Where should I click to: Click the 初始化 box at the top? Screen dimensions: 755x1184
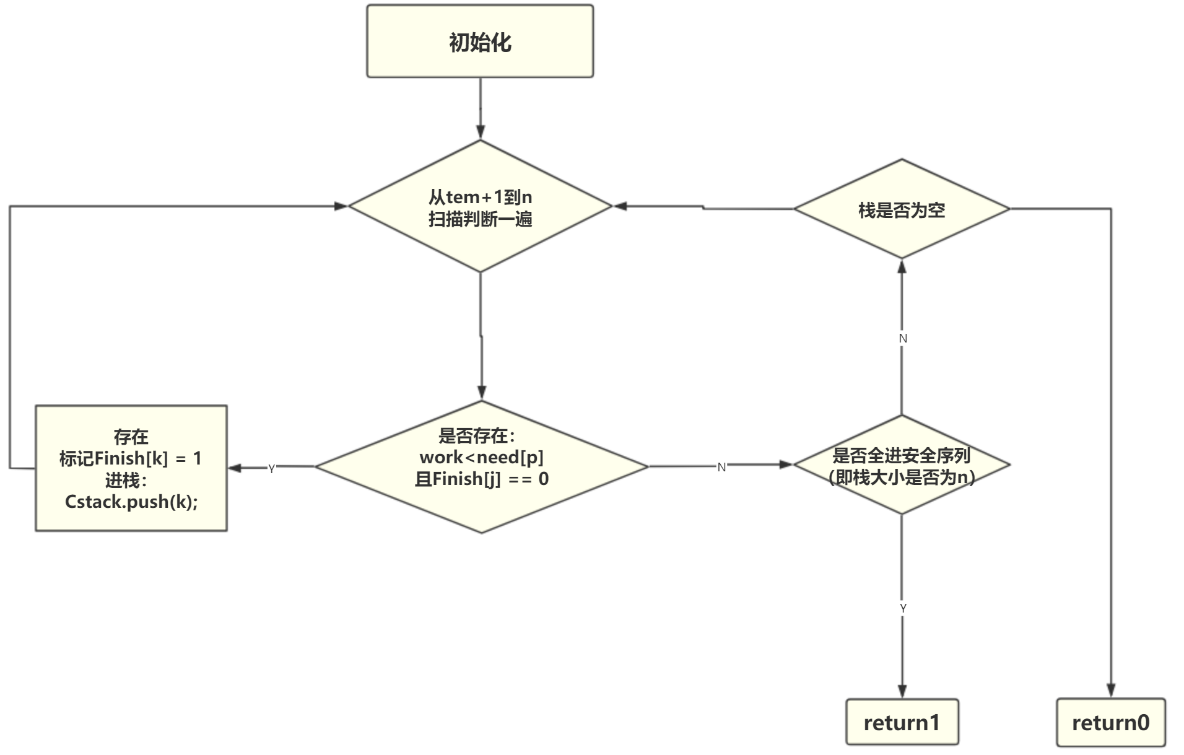480,41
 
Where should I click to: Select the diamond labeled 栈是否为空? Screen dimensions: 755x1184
902,209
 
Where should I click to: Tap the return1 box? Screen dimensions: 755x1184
902,722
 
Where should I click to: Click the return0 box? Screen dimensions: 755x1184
1110,722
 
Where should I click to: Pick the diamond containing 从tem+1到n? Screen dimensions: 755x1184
480,207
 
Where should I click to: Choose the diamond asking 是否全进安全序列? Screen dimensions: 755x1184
902,466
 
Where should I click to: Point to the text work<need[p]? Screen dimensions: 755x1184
481,457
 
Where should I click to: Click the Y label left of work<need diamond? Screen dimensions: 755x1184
271,469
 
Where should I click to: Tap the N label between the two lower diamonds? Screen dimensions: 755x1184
721,468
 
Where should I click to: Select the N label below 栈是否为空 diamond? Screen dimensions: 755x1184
903,338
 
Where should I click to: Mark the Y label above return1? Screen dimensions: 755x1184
903,608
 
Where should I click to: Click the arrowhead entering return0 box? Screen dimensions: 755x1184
1111,691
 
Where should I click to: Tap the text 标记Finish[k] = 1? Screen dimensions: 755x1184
130,458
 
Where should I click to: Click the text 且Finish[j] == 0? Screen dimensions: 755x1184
481,479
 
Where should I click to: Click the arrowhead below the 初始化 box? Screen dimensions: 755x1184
480,131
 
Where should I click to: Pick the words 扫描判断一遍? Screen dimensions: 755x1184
480,219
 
